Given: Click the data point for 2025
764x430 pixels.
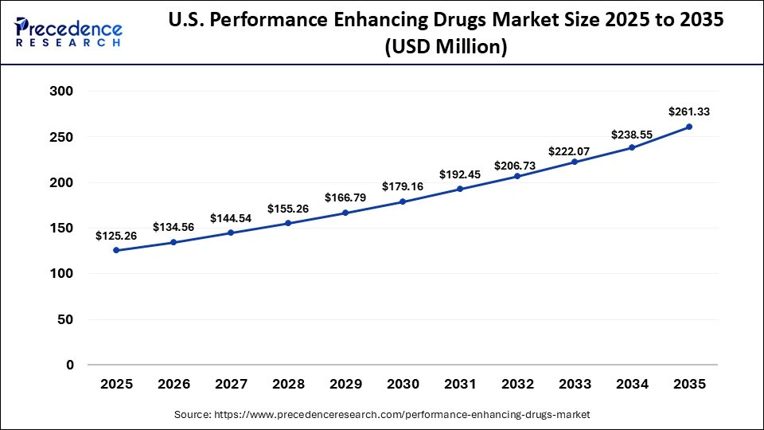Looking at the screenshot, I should coord(116,250).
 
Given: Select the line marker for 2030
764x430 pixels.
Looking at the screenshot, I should coord(403,201).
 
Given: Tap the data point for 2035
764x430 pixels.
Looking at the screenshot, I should coord(689,127).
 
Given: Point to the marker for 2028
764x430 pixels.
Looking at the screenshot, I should coord(288,223).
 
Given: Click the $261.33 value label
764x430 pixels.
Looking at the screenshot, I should coord(689,112).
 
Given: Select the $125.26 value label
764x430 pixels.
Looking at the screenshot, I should coord(116,236).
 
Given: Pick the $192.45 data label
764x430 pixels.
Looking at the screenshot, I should coord(460,174).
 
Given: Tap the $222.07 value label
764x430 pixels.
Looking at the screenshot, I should coord(575,150).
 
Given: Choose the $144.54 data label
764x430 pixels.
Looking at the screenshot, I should coord(231,217).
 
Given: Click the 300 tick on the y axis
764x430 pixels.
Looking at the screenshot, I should coord(62,92).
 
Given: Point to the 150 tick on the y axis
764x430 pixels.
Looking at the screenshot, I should coord(62,229).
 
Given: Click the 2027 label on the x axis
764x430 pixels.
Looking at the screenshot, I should coord(231,385).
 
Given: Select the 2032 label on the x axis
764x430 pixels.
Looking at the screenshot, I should coord(517,385).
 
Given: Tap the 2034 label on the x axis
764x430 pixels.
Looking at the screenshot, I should coord(632,385).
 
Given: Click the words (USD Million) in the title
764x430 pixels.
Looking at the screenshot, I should coord(446,47).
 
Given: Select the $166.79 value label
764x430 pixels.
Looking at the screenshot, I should coord(345,197).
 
